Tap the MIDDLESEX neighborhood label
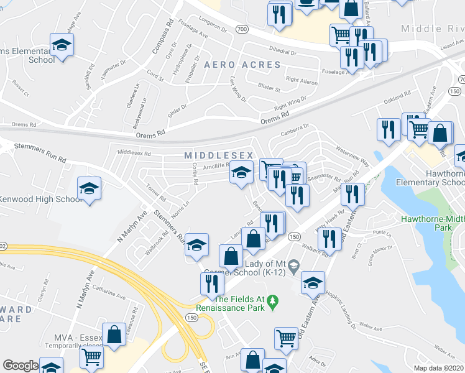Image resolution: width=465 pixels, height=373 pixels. pos(218,155)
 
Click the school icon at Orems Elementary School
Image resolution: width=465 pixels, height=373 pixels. pos(62,45)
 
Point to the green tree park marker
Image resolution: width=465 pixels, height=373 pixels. pos(272,302)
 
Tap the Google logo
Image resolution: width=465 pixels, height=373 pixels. pos(20,366)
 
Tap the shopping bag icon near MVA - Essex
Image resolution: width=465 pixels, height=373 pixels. pos(115,333)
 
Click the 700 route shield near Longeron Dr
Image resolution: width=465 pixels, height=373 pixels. pos(242,29)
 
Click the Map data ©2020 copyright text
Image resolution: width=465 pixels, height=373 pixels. pos(439,368)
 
